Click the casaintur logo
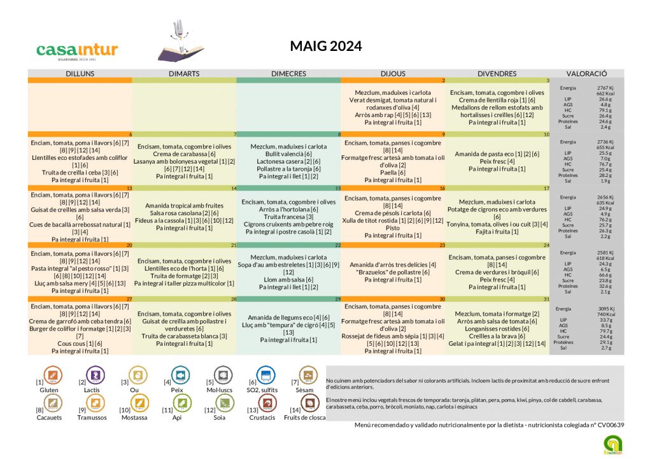[x=77, y=51]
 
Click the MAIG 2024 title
[x=325, y=46]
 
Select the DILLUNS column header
[x=80, y=74]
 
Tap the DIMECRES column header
[x=288, y=74]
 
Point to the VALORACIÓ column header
[x=586, y=74]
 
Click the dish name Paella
[x=393, y=173]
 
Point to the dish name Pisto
[x=393, y=227]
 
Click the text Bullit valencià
[x=288, y=154]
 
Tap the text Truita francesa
[x=288, y=216]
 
